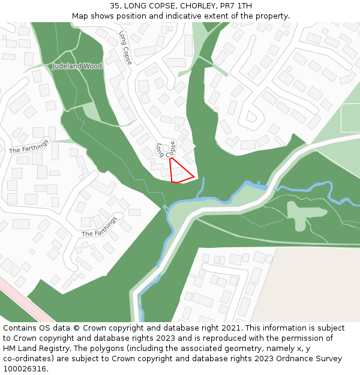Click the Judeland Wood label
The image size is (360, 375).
[77, 66]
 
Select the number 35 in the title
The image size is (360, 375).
[115, 6]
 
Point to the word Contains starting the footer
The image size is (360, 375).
[20, 328]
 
